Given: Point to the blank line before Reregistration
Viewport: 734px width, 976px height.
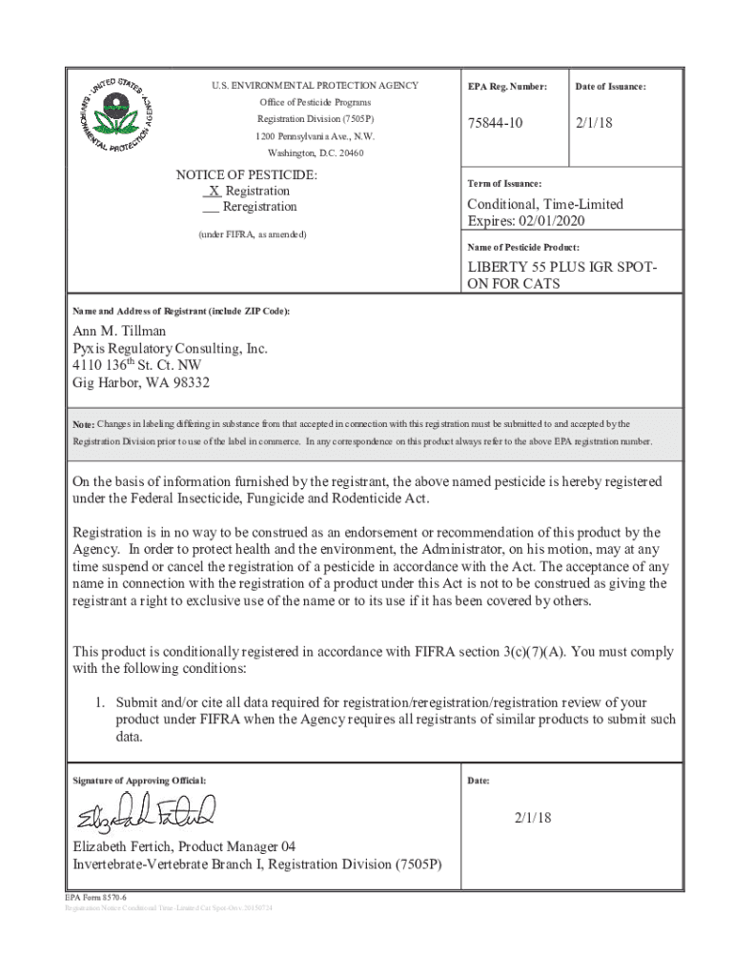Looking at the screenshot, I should (x=211, y=208).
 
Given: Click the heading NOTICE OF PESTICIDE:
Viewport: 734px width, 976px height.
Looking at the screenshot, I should (x=247, y=175).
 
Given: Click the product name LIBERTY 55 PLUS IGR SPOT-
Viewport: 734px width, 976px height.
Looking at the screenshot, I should (x=561, y=268).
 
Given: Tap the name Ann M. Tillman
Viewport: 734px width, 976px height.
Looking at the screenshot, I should (x=119, y=331).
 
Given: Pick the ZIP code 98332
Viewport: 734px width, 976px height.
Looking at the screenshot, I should (x=187, y=383).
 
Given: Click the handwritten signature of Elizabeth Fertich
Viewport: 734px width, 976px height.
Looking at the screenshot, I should (x=147, y=812).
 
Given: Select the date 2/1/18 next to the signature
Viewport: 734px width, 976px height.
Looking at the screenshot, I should (x=533, y=818).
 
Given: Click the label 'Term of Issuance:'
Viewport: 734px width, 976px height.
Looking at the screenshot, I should (x=504, y=183).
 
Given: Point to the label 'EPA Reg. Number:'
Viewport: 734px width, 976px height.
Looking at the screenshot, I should (x=507, y=87).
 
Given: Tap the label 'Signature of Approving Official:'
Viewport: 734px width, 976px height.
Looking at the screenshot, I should (x=139, y=781).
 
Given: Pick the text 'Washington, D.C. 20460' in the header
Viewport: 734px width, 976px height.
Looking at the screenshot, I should (x=315, y=153).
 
